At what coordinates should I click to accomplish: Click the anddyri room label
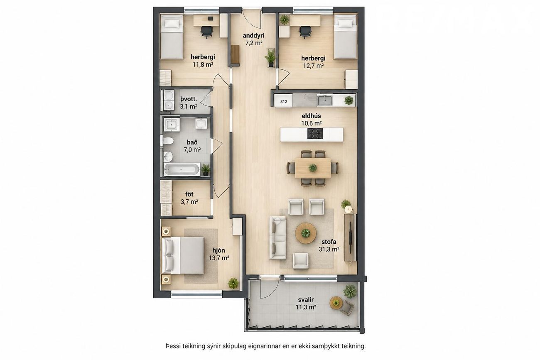click(253, 36)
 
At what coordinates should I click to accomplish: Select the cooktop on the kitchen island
click(315, 134)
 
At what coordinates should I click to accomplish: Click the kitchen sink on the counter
click(325, 100)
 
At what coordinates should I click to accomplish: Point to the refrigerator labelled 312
click(284, 101)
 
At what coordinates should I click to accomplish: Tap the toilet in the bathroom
click(168, 141)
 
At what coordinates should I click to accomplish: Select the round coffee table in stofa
click(306, 233)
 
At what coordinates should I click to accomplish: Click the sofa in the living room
click(277, 238)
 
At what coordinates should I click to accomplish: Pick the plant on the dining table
click(313, 167)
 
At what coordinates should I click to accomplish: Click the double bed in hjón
click(183, 255)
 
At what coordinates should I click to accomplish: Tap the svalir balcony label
click(306, 300)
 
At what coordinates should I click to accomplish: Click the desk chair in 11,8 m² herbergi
click(206, 32)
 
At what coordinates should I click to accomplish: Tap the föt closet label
click(189, 194)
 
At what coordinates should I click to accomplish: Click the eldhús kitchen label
click(311, 116)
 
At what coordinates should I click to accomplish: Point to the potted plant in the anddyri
click(270, 58)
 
